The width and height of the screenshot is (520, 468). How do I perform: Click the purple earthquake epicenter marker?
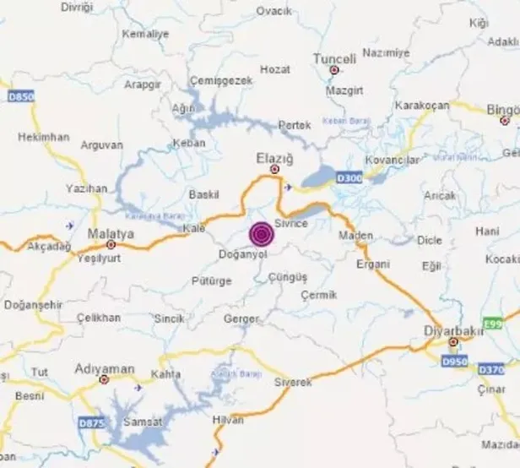[x=261, y=233]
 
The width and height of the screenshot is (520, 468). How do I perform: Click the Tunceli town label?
[x=335, y=58]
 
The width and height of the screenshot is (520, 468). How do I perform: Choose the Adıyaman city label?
[x=105, y=368]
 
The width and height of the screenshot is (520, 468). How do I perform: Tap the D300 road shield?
[x=349, y=177]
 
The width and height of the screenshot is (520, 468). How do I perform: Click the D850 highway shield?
[x=21, y=97]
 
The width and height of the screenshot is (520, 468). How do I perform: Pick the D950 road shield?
[x=454, y=362]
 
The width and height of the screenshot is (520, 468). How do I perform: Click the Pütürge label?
[x=212, y=280]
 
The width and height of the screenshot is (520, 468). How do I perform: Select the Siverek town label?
[x=293, y=382]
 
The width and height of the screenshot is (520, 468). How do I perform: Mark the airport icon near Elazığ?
[x=289, y=187]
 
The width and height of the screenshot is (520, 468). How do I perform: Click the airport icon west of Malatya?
[x=69, y=226]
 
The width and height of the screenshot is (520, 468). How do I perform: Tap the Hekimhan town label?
[x=41, y=136]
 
